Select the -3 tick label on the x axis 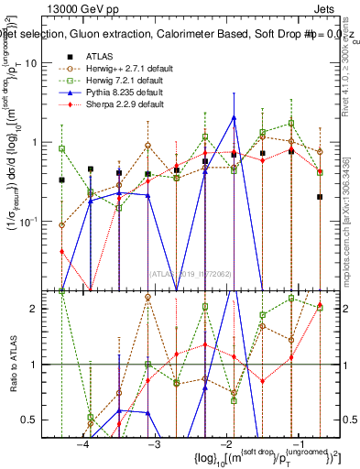[x=154, y=442]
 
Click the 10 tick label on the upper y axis [x=41, y=62]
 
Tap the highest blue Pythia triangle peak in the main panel [x=235, y=117]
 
